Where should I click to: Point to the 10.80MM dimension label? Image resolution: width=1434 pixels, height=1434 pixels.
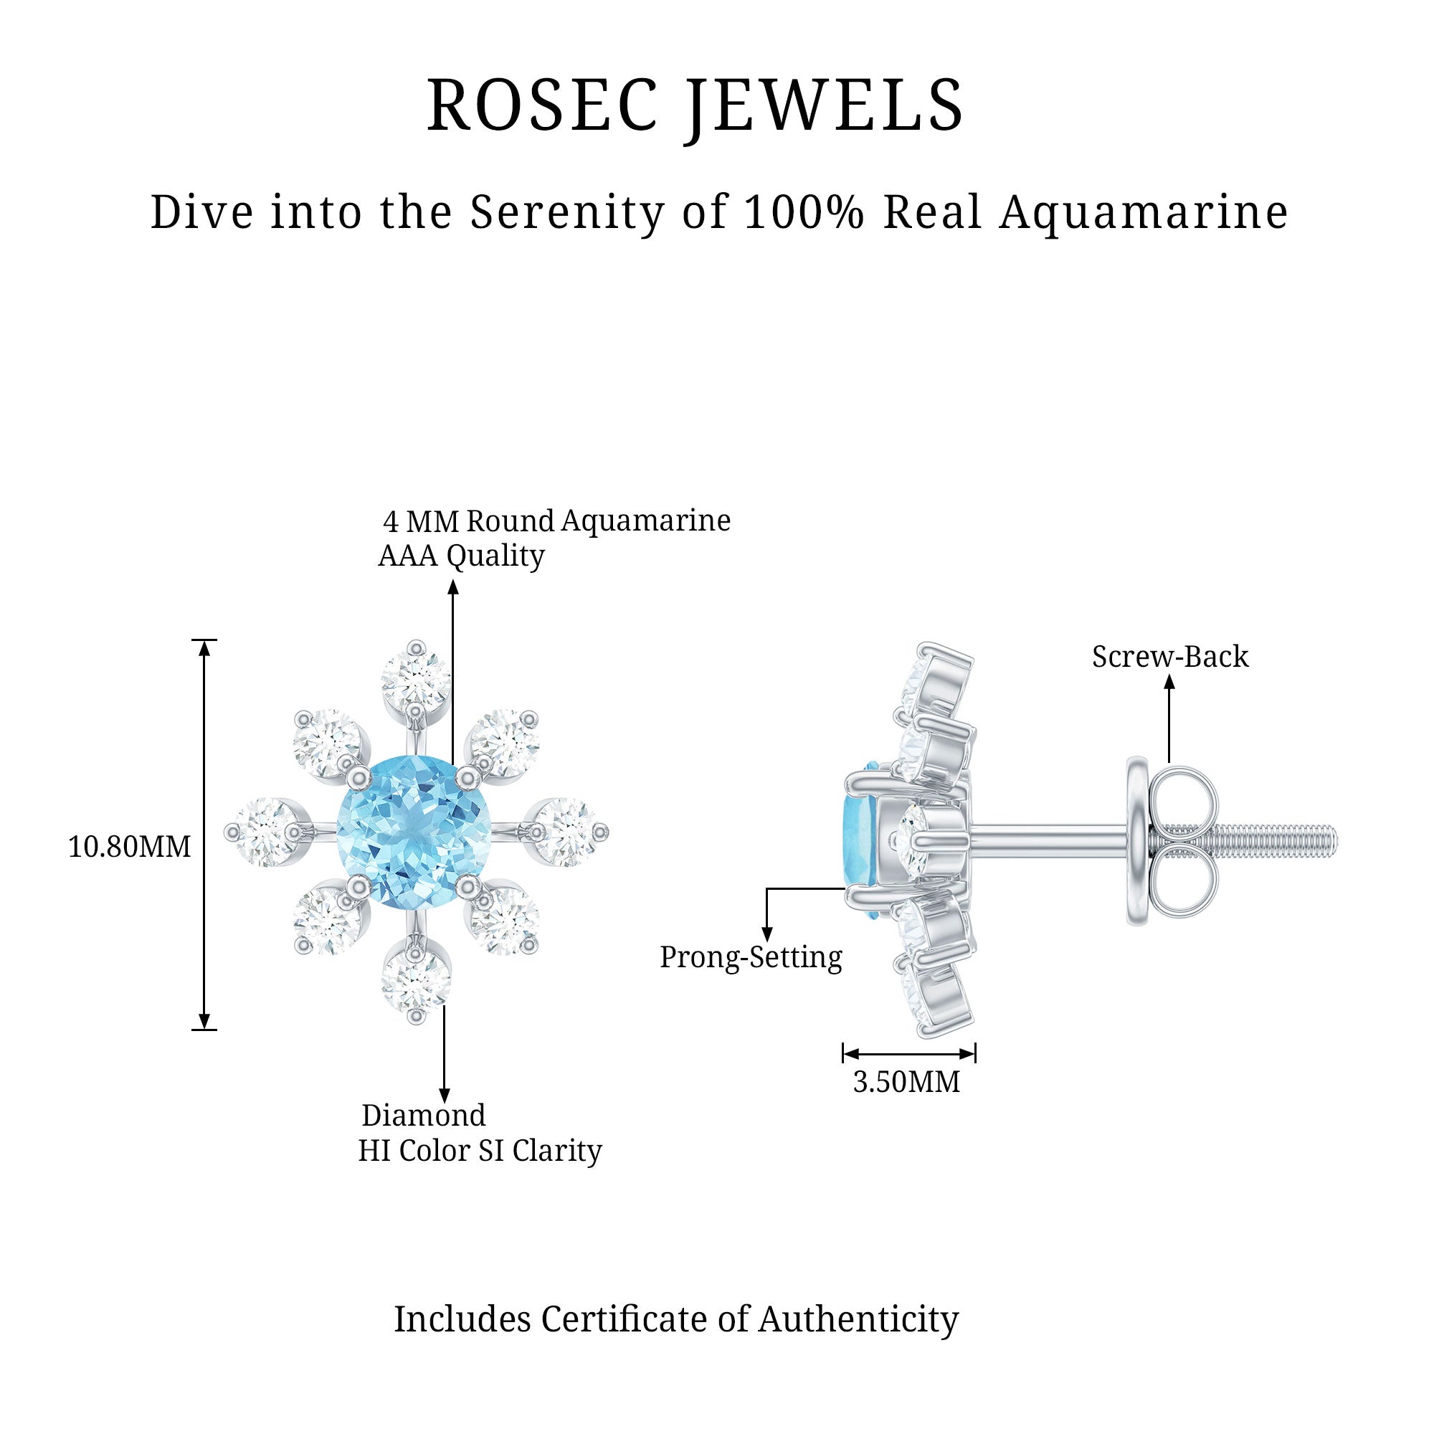click(129, 847)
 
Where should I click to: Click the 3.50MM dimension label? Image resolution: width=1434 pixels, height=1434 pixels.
click(906, 1082)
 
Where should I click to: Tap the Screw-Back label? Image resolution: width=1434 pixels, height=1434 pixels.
click(1169, 656)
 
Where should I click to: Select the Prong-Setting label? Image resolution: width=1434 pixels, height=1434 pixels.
click(751, 957)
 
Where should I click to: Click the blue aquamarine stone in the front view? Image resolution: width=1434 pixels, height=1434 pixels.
click(414, 831)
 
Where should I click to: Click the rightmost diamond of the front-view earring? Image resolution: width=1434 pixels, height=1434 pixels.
click(568, 831)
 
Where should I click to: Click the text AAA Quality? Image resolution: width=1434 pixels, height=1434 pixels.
click(461, 555)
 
